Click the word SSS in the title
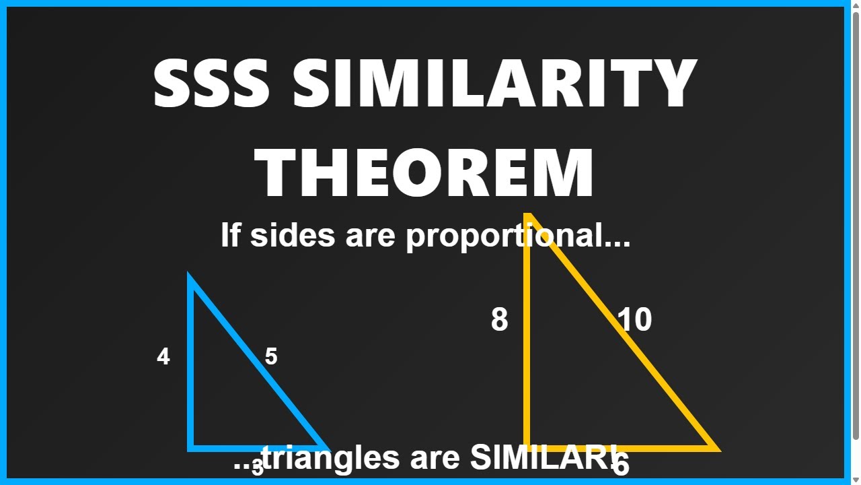click(212, 84)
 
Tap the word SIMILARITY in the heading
click(494, 84)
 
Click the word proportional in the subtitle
click(519, 236)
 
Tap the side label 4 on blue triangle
click(163, 356)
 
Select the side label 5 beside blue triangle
click(271, 356)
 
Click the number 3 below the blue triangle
click(257, 469)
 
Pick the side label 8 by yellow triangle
click(499, 320)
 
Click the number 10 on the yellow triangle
click(634, 320)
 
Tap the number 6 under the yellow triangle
click(621, 465)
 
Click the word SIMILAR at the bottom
click(538, 458)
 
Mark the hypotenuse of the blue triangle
click(258, 362)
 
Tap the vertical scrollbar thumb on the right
click(856, 222)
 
